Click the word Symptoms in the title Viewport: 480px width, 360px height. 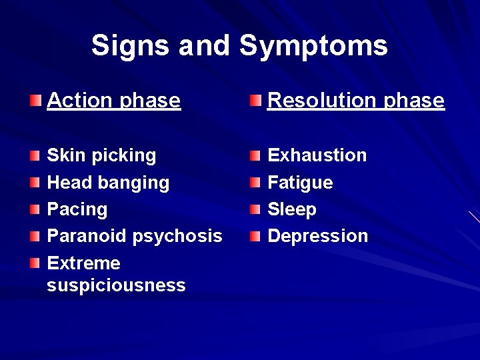[x=313, y=46]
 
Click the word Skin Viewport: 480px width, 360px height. [x=63, y=155]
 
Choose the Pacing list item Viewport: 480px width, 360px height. [x=77, y=209]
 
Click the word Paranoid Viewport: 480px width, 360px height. [x=87, y=236]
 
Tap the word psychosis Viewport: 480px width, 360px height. [x=177, y=236]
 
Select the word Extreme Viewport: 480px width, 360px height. [x=83, y=263]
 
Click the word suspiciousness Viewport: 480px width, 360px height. [x=116, y=285]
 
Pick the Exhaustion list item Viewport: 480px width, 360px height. [x=317, y=155]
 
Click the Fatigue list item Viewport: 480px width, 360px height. [x=300, y=183]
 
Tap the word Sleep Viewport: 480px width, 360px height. [x=291, y=209]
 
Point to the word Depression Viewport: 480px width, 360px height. [x=317, y=236]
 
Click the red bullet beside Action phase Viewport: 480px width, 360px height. [x=35, y=101]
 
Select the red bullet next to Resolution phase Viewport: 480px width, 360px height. [x=256, y=101]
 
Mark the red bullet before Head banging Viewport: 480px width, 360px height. [x=35, y=183]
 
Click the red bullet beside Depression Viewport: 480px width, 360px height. [x=256, y=236]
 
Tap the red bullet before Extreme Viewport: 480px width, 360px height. [x=35, y=263]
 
